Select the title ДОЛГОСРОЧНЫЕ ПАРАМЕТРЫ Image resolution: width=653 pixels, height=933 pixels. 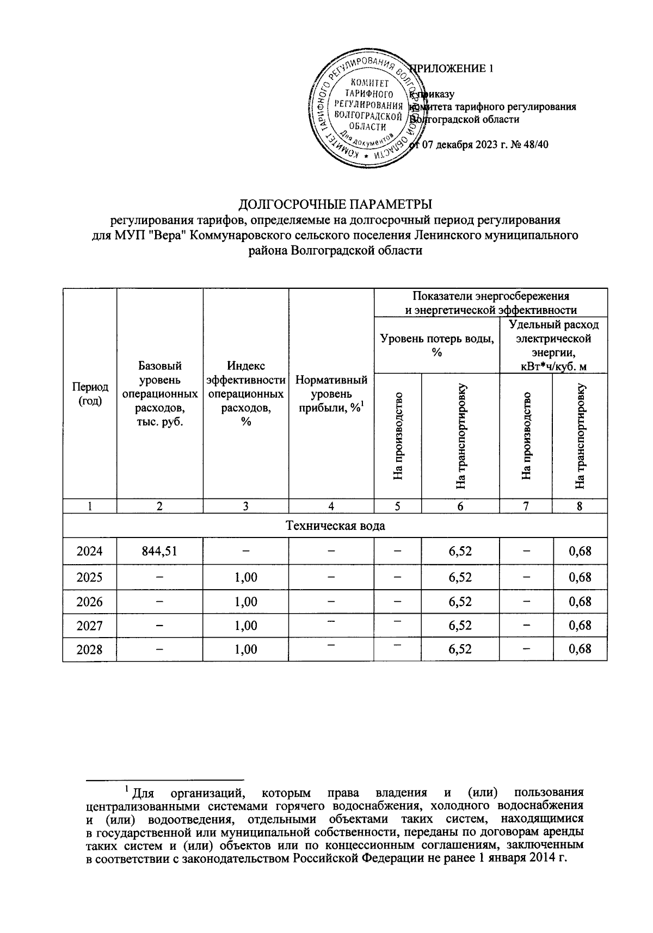point(336,205)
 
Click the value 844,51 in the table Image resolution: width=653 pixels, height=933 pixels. point(159,551)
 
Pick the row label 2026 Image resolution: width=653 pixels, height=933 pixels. point(90,602)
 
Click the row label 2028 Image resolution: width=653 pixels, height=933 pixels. point(90,650)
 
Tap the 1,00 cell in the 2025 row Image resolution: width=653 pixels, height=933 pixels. point(246,577)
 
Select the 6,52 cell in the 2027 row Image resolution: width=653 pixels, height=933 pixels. point(460,626)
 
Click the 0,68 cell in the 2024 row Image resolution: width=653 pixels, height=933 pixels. point(580,551)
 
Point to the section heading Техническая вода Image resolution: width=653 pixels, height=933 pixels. point(335,526)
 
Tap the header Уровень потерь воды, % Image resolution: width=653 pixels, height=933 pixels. point(436,345)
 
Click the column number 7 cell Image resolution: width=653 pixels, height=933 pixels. point(526,506)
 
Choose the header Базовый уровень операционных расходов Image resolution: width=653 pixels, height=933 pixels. point(160,393)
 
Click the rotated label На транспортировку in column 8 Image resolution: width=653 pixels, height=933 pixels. point(581,436)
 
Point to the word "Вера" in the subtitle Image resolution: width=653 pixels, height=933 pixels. point(167,236)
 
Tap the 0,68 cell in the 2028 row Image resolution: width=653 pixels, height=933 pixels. point(580,650)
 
